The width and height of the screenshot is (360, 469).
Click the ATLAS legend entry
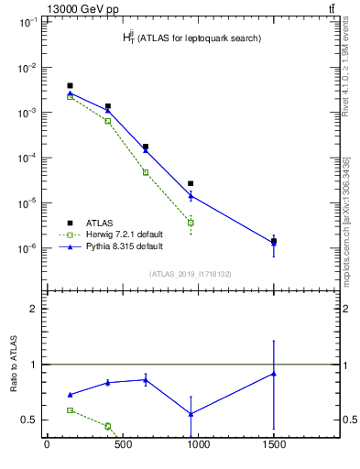tap(99, 223)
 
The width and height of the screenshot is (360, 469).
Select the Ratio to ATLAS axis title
tap(14, 365)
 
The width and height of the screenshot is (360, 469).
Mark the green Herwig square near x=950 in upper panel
tap(191, 223)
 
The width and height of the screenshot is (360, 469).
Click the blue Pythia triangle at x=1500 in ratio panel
tap(273, 374)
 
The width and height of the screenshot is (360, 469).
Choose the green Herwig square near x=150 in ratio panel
tap(71, 410)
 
